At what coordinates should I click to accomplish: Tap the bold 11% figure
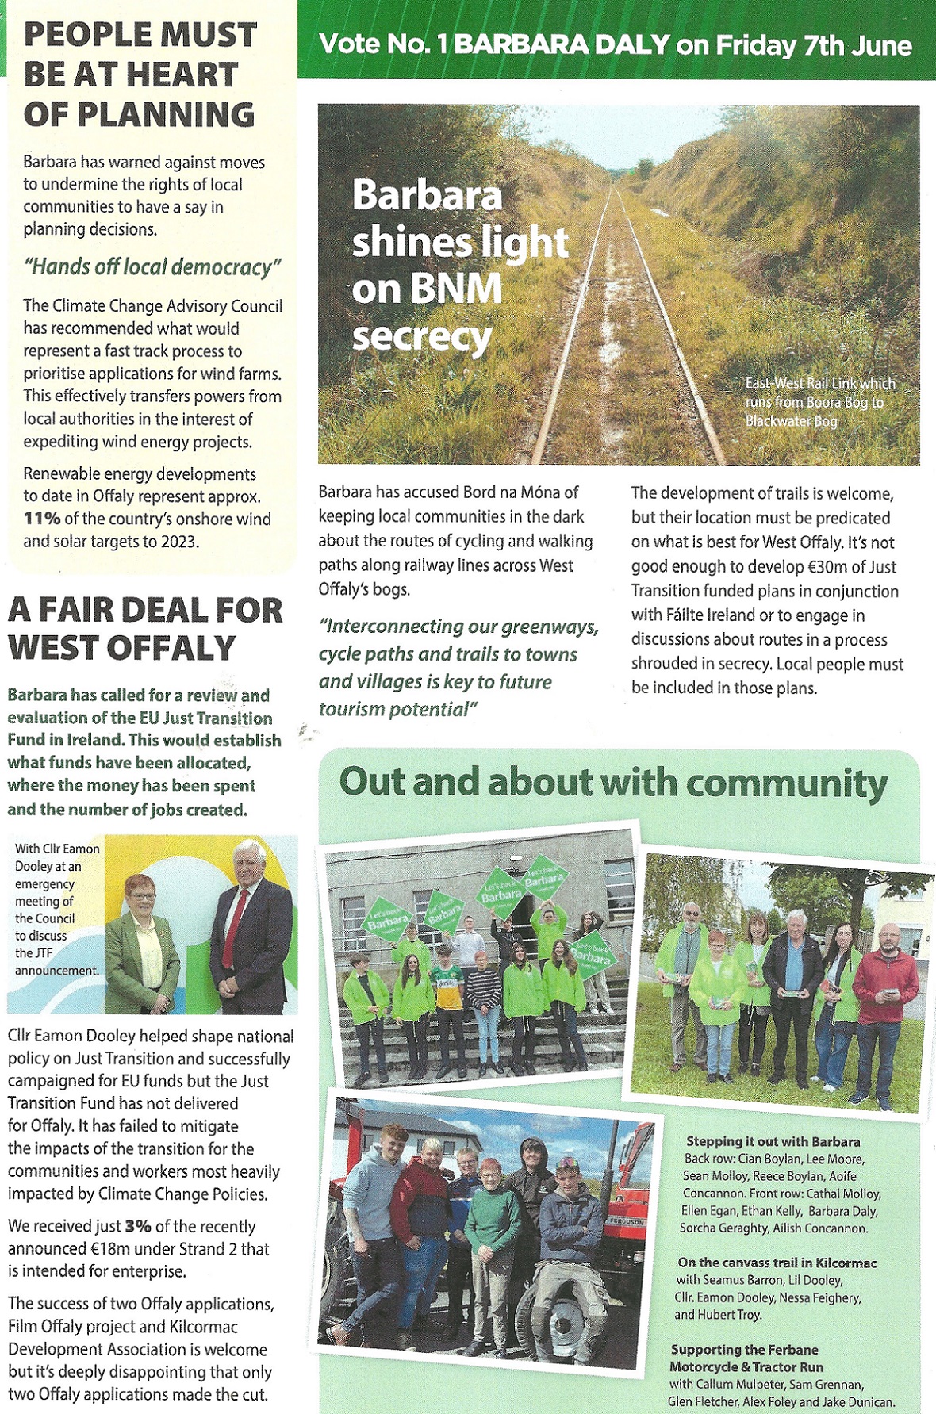pyautogui.click(x=41, y=519)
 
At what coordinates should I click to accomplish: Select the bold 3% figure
pyautogui.click(x=138, y=1226)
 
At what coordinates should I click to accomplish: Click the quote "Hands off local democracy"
pyautogui.click(x=152, y=266)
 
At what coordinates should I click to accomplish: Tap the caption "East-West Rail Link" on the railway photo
pyautogui.click(x=819, y=384)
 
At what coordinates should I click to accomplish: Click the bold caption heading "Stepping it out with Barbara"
pyautogui.click(x=773, y=1141)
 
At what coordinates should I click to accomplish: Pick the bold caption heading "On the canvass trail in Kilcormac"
pyautogui.click(x=777, y=1263)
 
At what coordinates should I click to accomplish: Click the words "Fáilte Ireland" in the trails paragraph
pyautogui.click(x=701, y=615)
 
